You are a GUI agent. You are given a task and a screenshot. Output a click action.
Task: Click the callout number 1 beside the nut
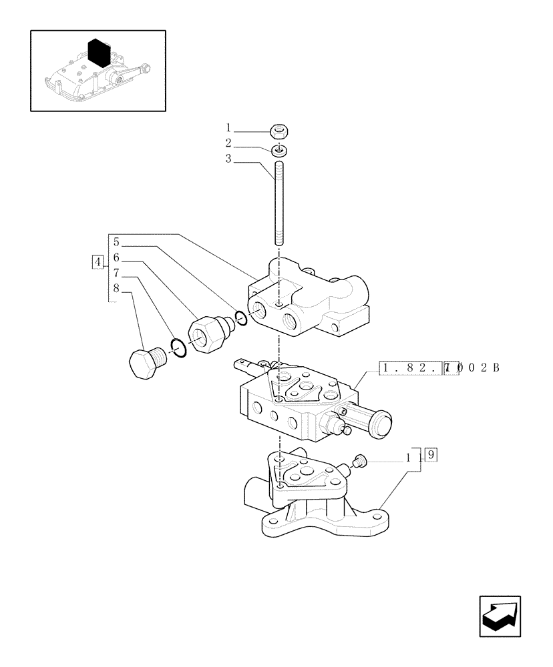pos(228,128)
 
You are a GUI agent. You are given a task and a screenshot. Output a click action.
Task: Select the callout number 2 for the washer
pos(228,143)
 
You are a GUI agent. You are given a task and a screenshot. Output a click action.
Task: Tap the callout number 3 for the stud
pos(228,159)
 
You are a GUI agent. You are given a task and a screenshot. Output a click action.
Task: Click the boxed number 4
pos(98,261)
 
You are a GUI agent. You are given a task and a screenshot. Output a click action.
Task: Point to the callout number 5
pos(116,241)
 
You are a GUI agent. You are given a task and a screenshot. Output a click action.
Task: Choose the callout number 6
pos(116,257)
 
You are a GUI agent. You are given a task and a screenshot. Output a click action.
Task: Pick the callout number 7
pos(116,273)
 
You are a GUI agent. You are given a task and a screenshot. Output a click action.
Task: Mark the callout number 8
pos(116,289)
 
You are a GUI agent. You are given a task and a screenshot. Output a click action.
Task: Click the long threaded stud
pos(279,203)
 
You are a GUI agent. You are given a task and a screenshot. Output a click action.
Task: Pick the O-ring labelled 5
pos(241,318)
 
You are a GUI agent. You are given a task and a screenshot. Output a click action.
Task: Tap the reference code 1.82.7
pos(419,368)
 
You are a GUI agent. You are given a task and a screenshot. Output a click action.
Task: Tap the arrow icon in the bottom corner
pos(501,616)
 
